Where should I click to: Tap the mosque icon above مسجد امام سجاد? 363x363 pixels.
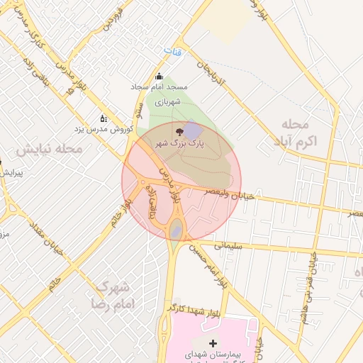(159, 77)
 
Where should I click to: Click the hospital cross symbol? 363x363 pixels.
(213, 343)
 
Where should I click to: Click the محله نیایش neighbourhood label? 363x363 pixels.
(50, 150)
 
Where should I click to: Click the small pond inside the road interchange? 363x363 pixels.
(176, 229)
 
